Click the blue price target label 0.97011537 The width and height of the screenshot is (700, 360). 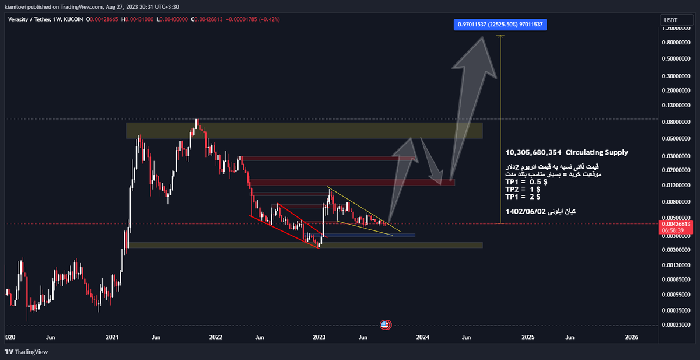pos(501,25)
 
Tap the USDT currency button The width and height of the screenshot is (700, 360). pos(670,20)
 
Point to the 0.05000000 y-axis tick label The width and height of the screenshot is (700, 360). pos(675,139)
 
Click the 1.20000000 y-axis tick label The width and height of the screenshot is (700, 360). pos(675,29)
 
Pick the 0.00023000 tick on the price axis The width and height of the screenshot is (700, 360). pos(675,325)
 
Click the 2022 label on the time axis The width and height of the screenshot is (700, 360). pos(216,338)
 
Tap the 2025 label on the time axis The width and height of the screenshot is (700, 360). pos(527,338)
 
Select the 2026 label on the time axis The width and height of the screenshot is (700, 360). pos(631,338)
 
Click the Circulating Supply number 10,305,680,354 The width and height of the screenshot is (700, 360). pos(534,153)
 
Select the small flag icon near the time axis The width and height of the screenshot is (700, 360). pos(385,324)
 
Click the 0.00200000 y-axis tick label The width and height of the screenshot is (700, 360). pos(675,250)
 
